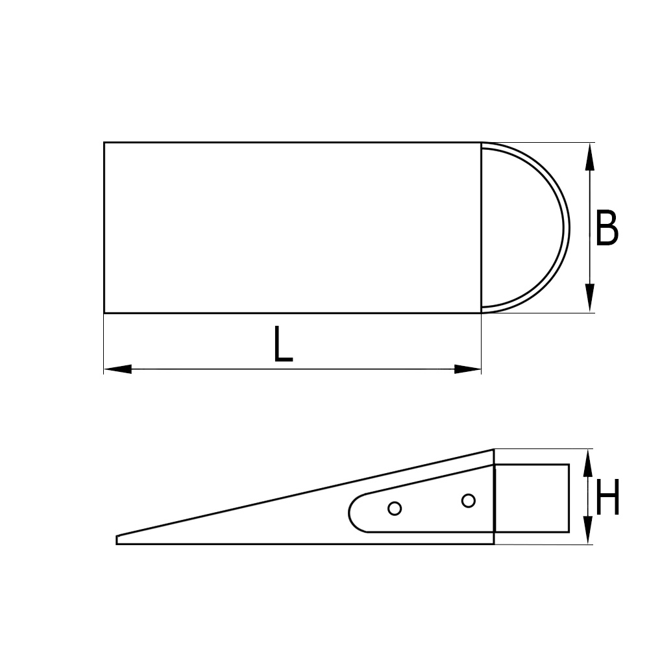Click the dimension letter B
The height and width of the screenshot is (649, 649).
click(x=606, y=228)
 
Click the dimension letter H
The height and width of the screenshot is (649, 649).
click(x=607, y=498)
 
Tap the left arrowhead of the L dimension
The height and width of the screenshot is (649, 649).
click(x=117, y=369)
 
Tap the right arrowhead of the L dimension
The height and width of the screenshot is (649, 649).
click(x=468, y=369)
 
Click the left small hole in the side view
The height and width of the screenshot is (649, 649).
click(x=394, y=508)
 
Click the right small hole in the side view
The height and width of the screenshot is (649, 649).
click(x=468, y=500)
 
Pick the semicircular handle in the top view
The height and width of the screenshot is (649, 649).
click(x=526, y=228)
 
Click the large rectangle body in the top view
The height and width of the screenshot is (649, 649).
click(x=292, y=228)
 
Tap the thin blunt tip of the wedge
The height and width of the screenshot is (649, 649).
click(x=117, y=539)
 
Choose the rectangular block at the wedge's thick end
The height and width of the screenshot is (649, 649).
click(x=532, y=496)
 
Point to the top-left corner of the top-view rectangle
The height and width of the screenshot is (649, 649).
click(x=104, y=142)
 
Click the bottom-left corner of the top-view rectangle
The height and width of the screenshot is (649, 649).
click(x=104, y=313)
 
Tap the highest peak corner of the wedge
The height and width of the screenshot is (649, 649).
click(x=494, y=450)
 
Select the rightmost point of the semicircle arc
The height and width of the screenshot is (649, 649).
click(x=569, y=228)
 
